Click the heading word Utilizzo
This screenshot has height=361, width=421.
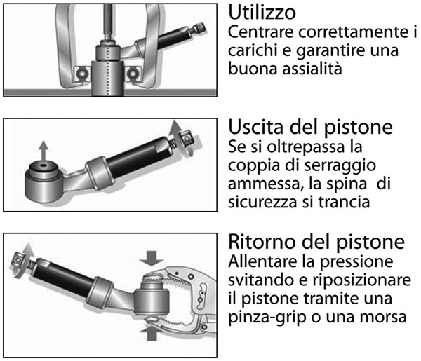point(262,13)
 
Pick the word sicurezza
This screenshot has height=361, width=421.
point(262,202)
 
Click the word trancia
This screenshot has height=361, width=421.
point(345,202)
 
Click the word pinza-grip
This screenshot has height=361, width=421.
point(267,318)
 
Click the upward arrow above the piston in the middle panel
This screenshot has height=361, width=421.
point(44,151)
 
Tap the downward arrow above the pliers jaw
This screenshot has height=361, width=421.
point(152,258)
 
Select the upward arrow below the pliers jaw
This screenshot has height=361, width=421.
point(152,333)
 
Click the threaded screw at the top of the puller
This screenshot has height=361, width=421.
point(109,22)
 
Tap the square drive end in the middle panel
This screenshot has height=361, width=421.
point(187,138)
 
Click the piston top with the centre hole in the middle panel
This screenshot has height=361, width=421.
point(44,167)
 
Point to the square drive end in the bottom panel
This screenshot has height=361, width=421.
point(18,259)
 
